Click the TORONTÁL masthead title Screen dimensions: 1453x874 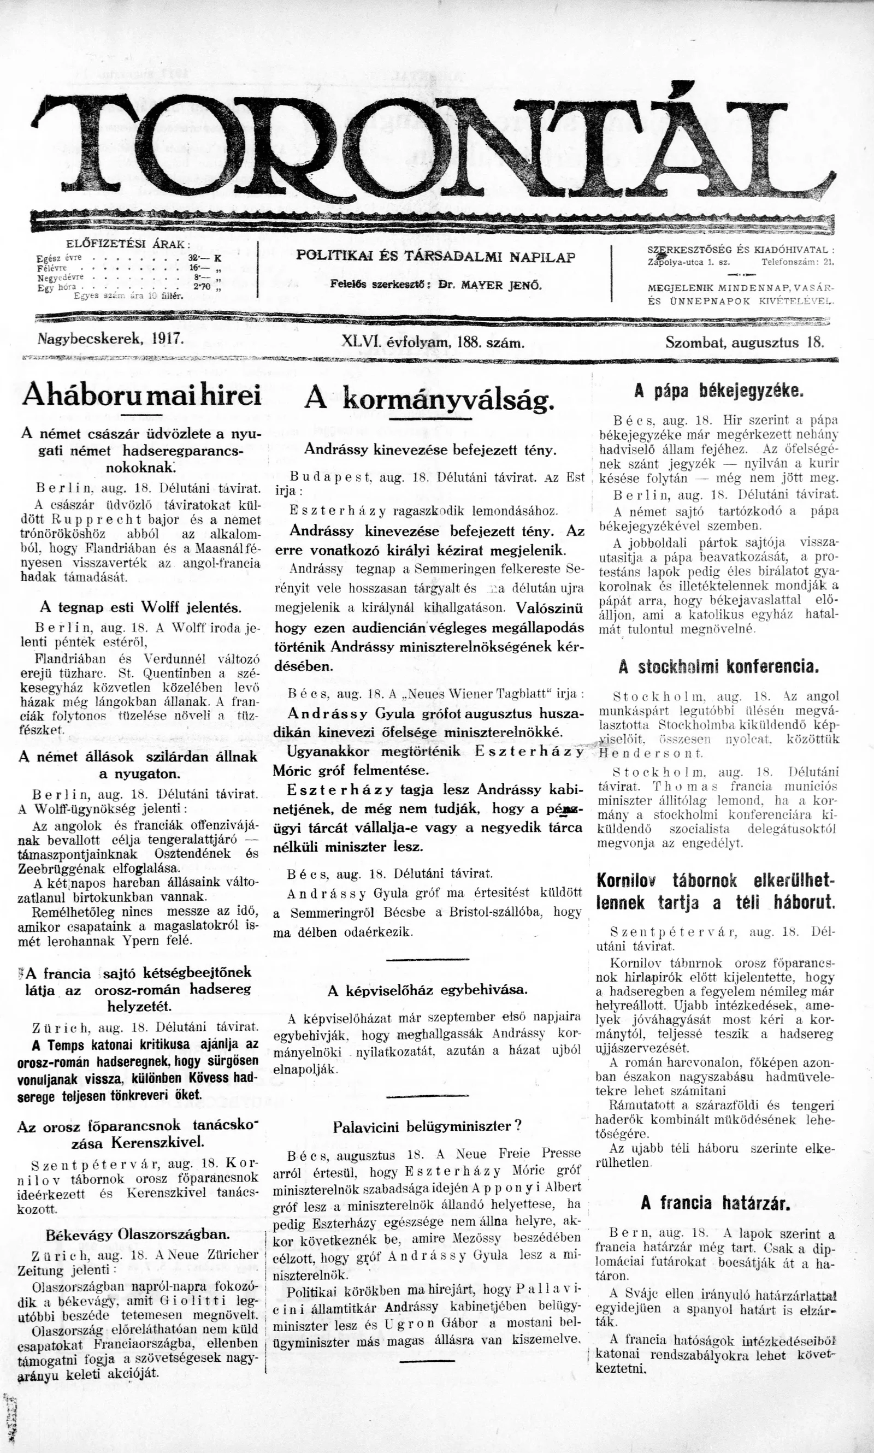tap(434, 147)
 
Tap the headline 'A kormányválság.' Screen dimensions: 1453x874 tap(429, 401)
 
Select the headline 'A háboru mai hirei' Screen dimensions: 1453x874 tap(141, 397)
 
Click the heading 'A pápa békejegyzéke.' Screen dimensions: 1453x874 tap(718, 391)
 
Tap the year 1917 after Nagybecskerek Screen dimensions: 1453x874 tap(168, 340)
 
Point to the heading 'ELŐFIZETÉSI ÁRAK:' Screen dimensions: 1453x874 tap(127, 244)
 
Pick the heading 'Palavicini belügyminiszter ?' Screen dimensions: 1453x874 tap(428, 1127)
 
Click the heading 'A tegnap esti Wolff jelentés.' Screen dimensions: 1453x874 tap(141, 607)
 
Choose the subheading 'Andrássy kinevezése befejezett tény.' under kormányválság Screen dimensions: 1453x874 tap(429, 450)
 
